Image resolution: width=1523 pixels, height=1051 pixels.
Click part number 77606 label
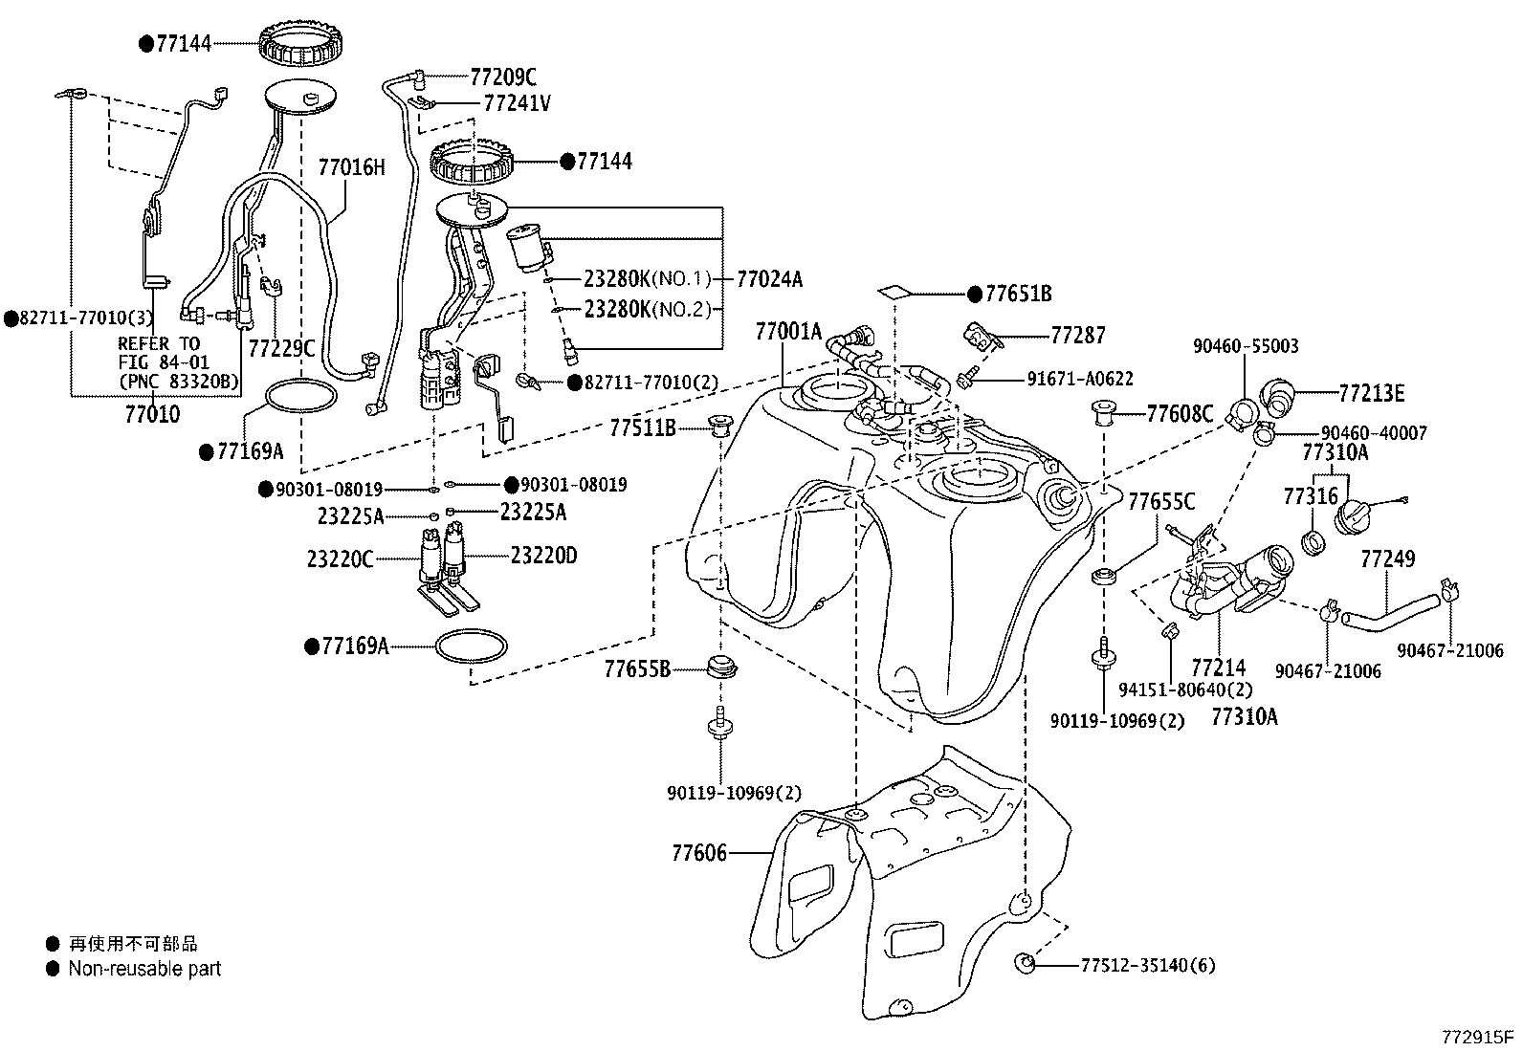(x=698, y=852)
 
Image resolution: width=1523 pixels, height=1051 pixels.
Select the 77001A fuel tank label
(x=788, y=332)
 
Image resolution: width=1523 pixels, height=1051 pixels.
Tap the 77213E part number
(x=1371, y=393)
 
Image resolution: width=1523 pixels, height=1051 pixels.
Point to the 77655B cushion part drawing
(x=721, y=666)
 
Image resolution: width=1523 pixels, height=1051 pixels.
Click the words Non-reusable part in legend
(x=144, y=969)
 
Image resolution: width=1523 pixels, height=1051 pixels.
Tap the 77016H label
(x=351, y=168)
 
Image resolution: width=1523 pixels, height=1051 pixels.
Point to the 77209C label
(x=503, y=77)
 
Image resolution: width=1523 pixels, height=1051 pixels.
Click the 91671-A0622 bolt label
(x=1079, y=379)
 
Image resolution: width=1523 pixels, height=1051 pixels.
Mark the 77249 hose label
(x=1387, y=558)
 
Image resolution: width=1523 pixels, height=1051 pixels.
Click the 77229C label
(x=281, y=349)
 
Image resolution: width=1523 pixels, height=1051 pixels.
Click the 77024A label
(x=769, y=279)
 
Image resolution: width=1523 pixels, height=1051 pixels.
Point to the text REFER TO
(x=158, y=344)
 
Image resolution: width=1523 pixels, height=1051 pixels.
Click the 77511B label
(x=642, y=428)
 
